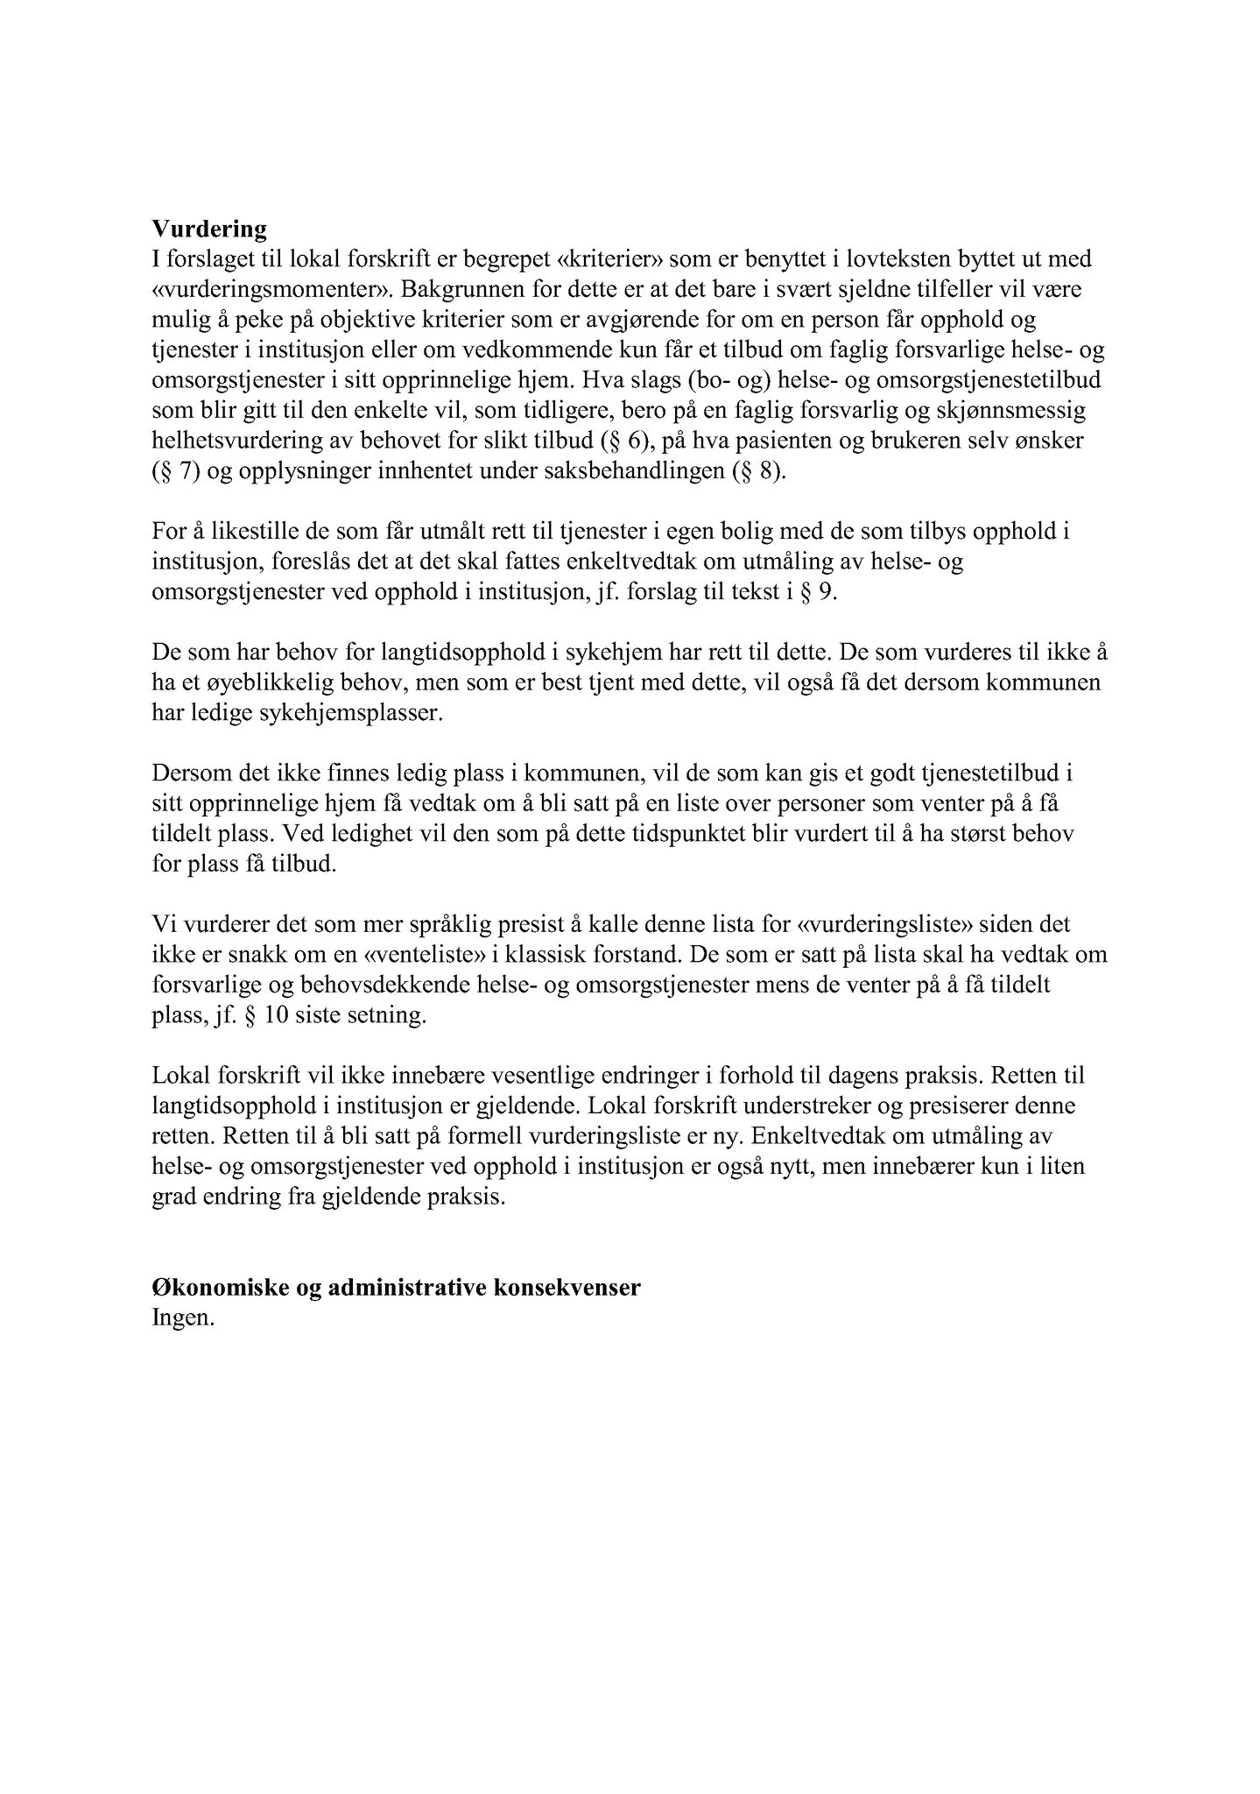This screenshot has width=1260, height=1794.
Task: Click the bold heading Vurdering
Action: pyautogui.click(x=209, y=230)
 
